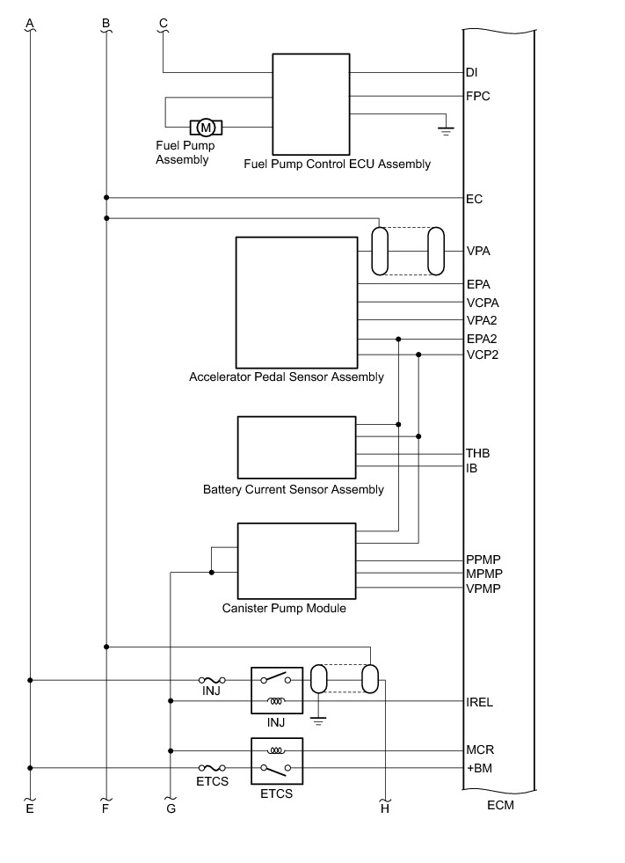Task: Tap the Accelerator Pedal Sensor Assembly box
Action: tap(296, 302)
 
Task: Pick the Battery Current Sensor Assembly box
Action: tap(296, 447)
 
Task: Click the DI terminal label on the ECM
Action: tap(472, 72)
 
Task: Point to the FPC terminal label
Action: tap(477, 96)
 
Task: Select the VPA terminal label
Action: tap(477, 252)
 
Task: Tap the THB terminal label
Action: tap(477, 453)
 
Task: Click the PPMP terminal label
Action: tap(483, 559)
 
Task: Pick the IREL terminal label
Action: tap(480, 703)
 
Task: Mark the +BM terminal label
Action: tap(479, 768)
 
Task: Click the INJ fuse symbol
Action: tap(211, 680)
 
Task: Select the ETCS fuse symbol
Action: tap(211, 768)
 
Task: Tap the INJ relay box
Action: tap(277, 691)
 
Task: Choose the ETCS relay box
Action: tap(277, 760)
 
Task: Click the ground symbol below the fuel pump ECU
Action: tap(445, 132)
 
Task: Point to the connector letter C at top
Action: tap(163, 21)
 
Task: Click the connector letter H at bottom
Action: tap(385, 809)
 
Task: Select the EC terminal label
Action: tap(474, 199)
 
